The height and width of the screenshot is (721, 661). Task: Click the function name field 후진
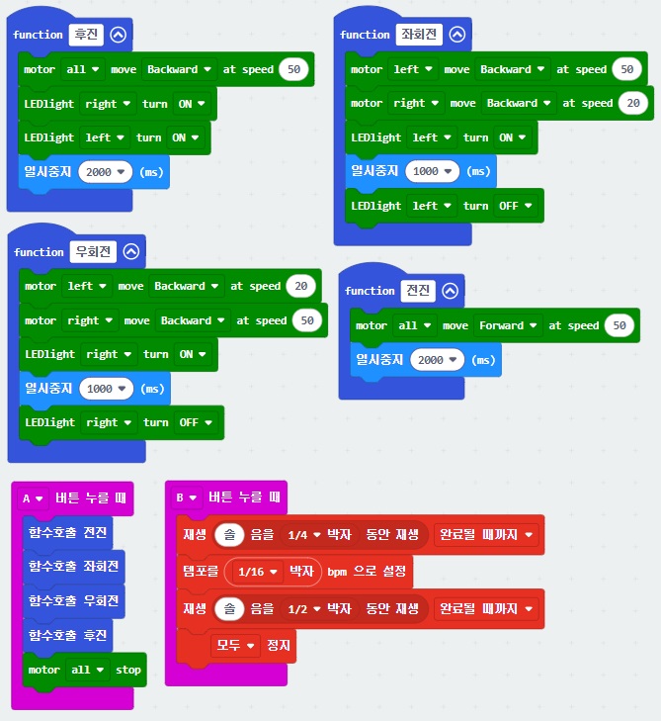click(x=84, y=34)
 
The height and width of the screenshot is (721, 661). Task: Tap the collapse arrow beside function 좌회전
click(x=455, y=34)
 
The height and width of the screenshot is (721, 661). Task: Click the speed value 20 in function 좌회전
click(x=632, y=103)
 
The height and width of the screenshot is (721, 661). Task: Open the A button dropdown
click(x=33, y=497)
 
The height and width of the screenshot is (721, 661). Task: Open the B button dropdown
click(x=186, y=497)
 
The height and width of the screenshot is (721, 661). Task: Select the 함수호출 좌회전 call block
click(x=74, y=567)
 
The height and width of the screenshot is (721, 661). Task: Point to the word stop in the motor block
click(x=128, y=670)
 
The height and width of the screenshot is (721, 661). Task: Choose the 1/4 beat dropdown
click(x=301, y=535)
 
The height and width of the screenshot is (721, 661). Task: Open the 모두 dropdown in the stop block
click(x=237, y=646)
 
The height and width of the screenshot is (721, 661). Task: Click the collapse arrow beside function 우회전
click(x=131, y=251)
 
